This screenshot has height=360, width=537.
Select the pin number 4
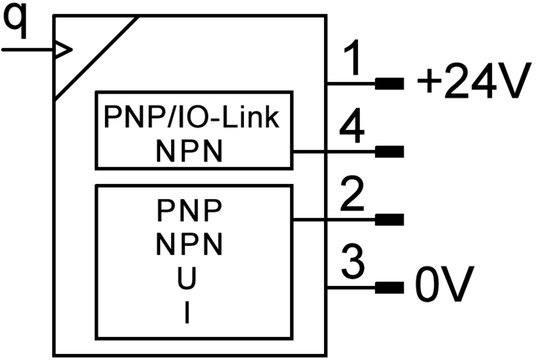pos(352,128)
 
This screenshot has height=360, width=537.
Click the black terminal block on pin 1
pos(389,83)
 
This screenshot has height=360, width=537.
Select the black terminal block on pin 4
pos(389,152)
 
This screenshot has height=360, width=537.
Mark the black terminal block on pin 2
pos(389,220)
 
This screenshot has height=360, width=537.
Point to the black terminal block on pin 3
pos(389,288)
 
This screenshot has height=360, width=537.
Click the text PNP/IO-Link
pos(192,117)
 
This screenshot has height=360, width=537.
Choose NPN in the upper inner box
pos(189,151)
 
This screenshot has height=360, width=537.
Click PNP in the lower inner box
pos(189,212)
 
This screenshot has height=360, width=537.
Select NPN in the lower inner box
pos(189,245)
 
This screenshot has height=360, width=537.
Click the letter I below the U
pos(188,313)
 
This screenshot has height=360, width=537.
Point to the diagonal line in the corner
pos(97,57)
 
